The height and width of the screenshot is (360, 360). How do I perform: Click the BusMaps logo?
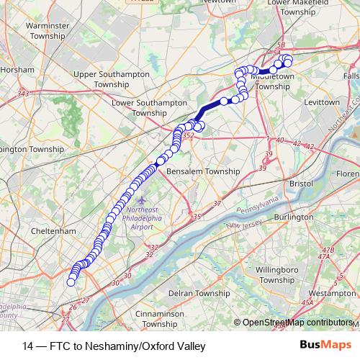click(320, 346)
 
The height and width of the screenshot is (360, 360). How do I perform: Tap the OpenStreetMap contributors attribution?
click(297, 323)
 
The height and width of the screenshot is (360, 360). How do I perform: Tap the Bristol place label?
click(300, 184)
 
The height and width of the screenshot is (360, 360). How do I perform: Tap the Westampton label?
click(330, 294)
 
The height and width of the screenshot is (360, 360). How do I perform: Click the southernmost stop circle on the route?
click(71, 282)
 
